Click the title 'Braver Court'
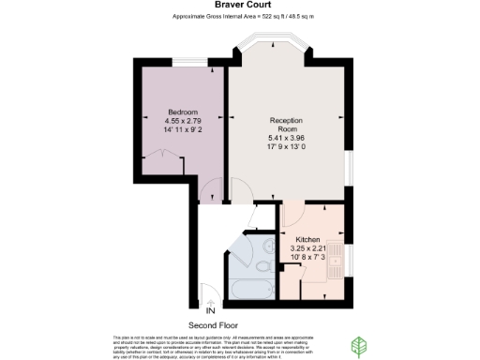[x=241, y=6]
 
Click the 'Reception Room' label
[x=287, y=126]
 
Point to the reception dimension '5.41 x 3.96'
[x=287, y=139]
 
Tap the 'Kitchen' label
[x=308, y=239]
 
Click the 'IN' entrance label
[x=211, y=309]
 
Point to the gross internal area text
[x=241, y=18]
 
